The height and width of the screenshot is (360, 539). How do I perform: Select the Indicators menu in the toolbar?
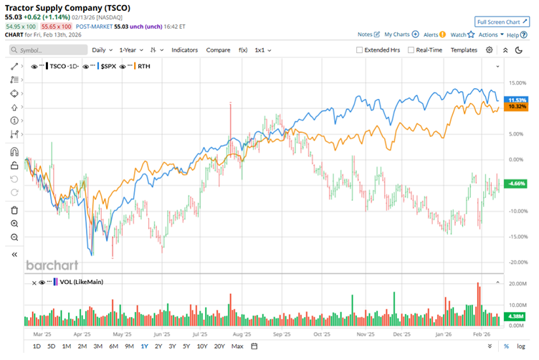pyautogui.click(x=185, y=50)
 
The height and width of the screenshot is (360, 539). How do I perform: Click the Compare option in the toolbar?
pyautogui.click(x=218, y=50)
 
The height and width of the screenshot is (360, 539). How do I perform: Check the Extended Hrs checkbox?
pyautogui.click(x=360, y=50)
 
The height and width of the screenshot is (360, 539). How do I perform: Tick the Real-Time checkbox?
pyautogui.click(x=411, y=50)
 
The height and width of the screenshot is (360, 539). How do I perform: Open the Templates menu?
pyautogui.click(x=464, y=50)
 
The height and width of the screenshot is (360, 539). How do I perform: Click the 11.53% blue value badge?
pyautogui.click(x=516, y=100)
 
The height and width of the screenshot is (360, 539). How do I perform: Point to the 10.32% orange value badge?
pyautogui.click(x=516, y=107)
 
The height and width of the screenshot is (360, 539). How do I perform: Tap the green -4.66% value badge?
pyautogui.click(x=516, y=184)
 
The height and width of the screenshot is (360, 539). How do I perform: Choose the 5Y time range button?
pyautogui.click(x=186, y=347)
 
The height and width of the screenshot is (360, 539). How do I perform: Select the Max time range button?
pyautogui.click(x=237, y=347)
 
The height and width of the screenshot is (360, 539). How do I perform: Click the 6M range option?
pyautogui.click(x=113, y=347)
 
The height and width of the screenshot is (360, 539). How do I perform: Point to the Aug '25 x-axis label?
pyautogui.click(x=242, y=334)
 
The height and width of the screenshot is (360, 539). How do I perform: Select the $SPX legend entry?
pyautogui.click(x=107, y=65)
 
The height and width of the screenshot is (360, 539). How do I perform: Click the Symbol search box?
pyautogui.click(x=47, y=50)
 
